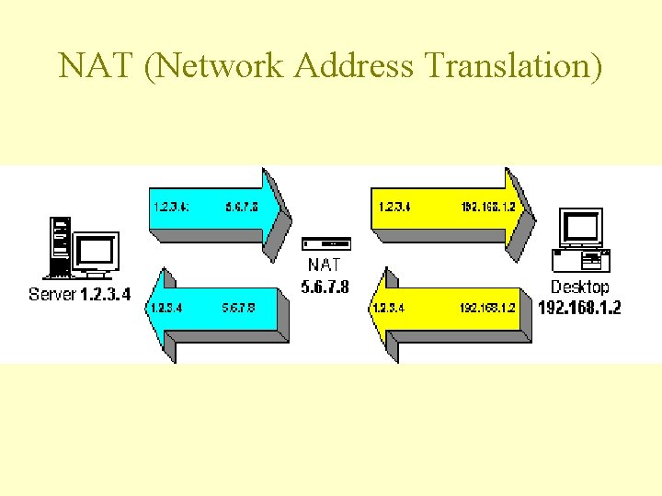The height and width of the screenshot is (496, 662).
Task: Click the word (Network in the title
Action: coord(204,67)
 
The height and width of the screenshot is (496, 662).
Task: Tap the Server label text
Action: coord(51,295)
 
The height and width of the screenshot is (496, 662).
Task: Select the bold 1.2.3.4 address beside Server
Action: coord(106,295)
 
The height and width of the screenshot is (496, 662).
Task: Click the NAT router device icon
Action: coord(326,244)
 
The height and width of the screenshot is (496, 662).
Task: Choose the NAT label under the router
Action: coord(325,265)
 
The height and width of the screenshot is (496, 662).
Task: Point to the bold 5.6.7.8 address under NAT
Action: coord(325,287)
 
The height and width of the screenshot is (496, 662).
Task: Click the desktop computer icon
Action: coord(580,240)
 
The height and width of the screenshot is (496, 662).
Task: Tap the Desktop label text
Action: coord(579,287)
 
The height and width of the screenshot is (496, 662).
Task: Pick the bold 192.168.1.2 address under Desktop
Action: coord(579,307)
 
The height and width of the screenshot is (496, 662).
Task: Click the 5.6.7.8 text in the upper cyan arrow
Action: coord(241,207)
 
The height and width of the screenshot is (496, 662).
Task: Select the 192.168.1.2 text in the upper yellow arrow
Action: coord(488,207)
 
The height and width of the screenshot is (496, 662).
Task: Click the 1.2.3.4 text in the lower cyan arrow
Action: coord(165,308)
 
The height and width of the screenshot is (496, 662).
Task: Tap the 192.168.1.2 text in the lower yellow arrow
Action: coord(487,308)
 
